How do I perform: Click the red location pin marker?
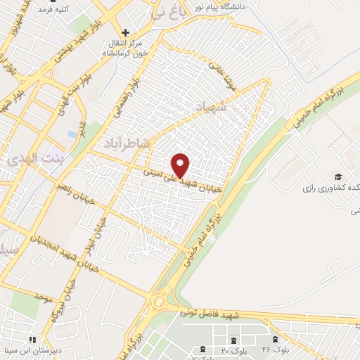[181, 165]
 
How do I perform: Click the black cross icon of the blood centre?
[126, 33]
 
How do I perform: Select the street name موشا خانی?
[215, 71]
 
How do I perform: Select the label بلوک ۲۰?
[230, 350]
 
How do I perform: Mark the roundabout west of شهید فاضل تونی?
[162, 300]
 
